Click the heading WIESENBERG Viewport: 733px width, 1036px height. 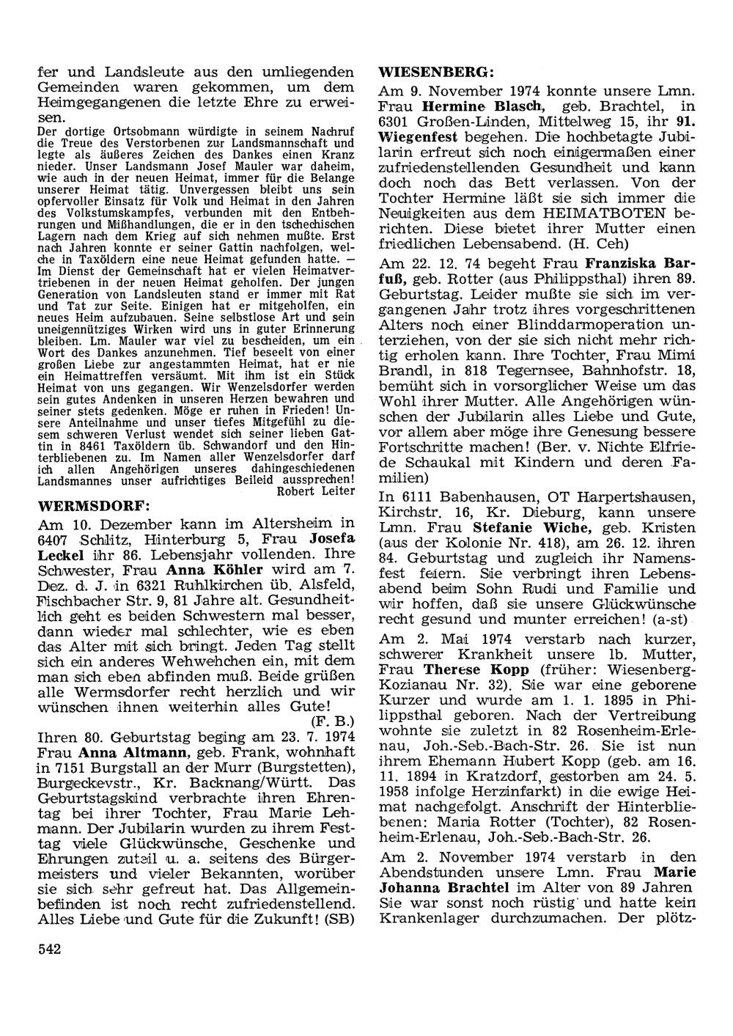(x=435, y=73)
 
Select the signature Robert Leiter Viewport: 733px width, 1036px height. (x=315, y=491)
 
